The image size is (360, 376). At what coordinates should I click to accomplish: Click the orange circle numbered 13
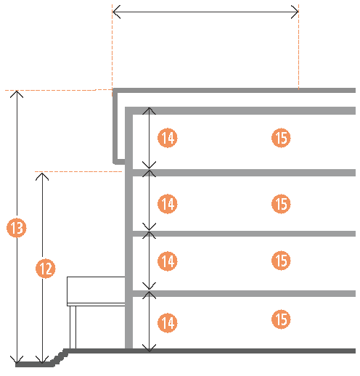click(17, 227)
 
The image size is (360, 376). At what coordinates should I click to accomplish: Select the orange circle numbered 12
click(46, 269)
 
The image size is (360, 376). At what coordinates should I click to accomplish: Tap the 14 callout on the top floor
click(168, 138)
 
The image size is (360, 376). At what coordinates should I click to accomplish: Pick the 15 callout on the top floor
click(281, 138)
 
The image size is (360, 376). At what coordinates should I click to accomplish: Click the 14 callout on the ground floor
click(168, 322)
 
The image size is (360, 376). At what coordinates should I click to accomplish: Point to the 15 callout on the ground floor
click(281, 319)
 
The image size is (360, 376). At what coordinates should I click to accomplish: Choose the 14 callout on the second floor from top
click(168, 204)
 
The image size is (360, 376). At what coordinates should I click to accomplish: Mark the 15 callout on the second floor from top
click(281, 204)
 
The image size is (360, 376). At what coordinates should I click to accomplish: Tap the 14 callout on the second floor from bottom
click(168, 261)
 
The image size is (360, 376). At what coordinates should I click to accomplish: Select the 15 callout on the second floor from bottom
click(281, 261)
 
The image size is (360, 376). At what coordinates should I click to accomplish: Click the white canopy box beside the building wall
click(96, 291)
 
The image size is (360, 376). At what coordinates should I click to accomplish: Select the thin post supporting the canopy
click(73, 327)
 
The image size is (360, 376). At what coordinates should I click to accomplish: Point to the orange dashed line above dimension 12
click(78, 171)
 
